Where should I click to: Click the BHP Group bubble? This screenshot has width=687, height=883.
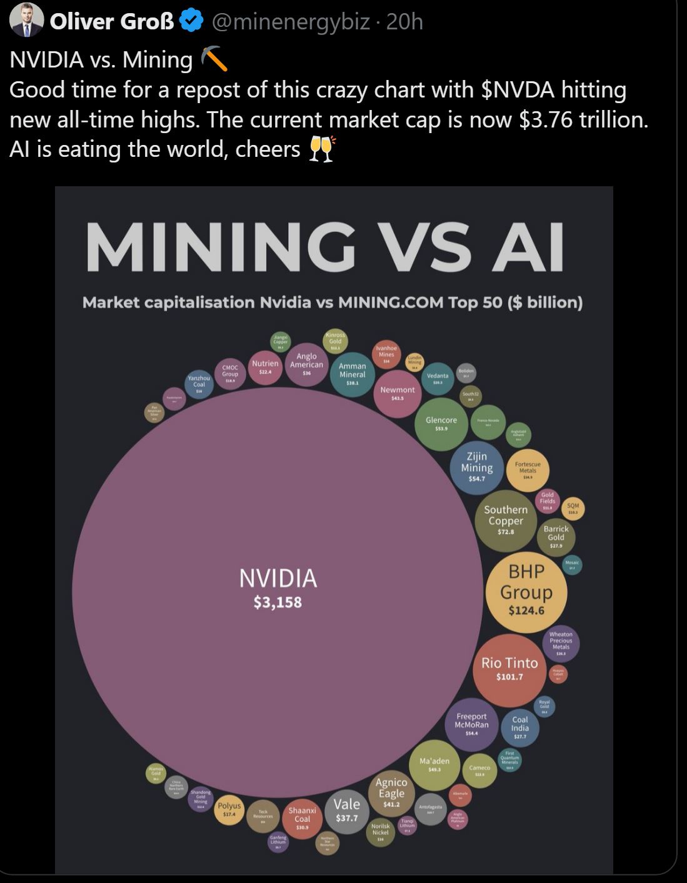coord(526,591)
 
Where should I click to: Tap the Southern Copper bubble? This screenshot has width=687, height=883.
coord(506,521)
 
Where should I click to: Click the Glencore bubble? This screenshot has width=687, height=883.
coord(441,424)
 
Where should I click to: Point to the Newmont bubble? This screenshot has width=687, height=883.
coord(398,393)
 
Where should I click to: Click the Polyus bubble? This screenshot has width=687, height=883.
coord(229,810)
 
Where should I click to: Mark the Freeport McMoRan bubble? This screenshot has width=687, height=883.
coord(471,724)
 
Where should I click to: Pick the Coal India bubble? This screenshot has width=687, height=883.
coord(520,727)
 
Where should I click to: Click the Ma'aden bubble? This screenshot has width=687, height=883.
coord(434,764)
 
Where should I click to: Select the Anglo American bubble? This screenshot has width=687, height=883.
coord(306,364)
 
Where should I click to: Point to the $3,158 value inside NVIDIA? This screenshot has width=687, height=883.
coord(278,602)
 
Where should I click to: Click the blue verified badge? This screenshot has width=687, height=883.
coord(191,21)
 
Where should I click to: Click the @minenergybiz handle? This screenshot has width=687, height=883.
coord(291,22)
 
